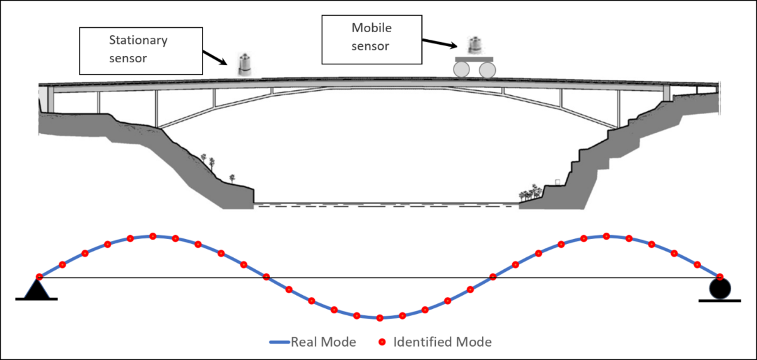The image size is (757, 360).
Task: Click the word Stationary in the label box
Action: [137, 42]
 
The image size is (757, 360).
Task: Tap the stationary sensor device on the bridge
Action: [244, 65]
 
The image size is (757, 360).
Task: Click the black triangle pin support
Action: [37, 289]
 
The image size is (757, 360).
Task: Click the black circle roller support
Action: [720, 289]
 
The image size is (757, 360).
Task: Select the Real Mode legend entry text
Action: [323, 342]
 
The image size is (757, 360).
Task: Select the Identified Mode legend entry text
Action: [442, 342]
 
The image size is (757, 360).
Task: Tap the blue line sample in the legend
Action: [279, 342]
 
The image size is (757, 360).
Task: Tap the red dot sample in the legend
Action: [382, 342]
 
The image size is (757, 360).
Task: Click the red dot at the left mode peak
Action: [153, 236]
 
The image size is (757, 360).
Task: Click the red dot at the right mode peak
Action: [606, 236]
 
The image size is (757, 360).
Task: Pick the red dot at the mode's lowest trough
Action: [380, 317]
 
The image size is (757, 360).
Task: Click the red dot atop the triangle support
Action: [39, 277]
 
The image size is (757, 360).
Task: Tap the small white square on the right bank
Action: [557, 182]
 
